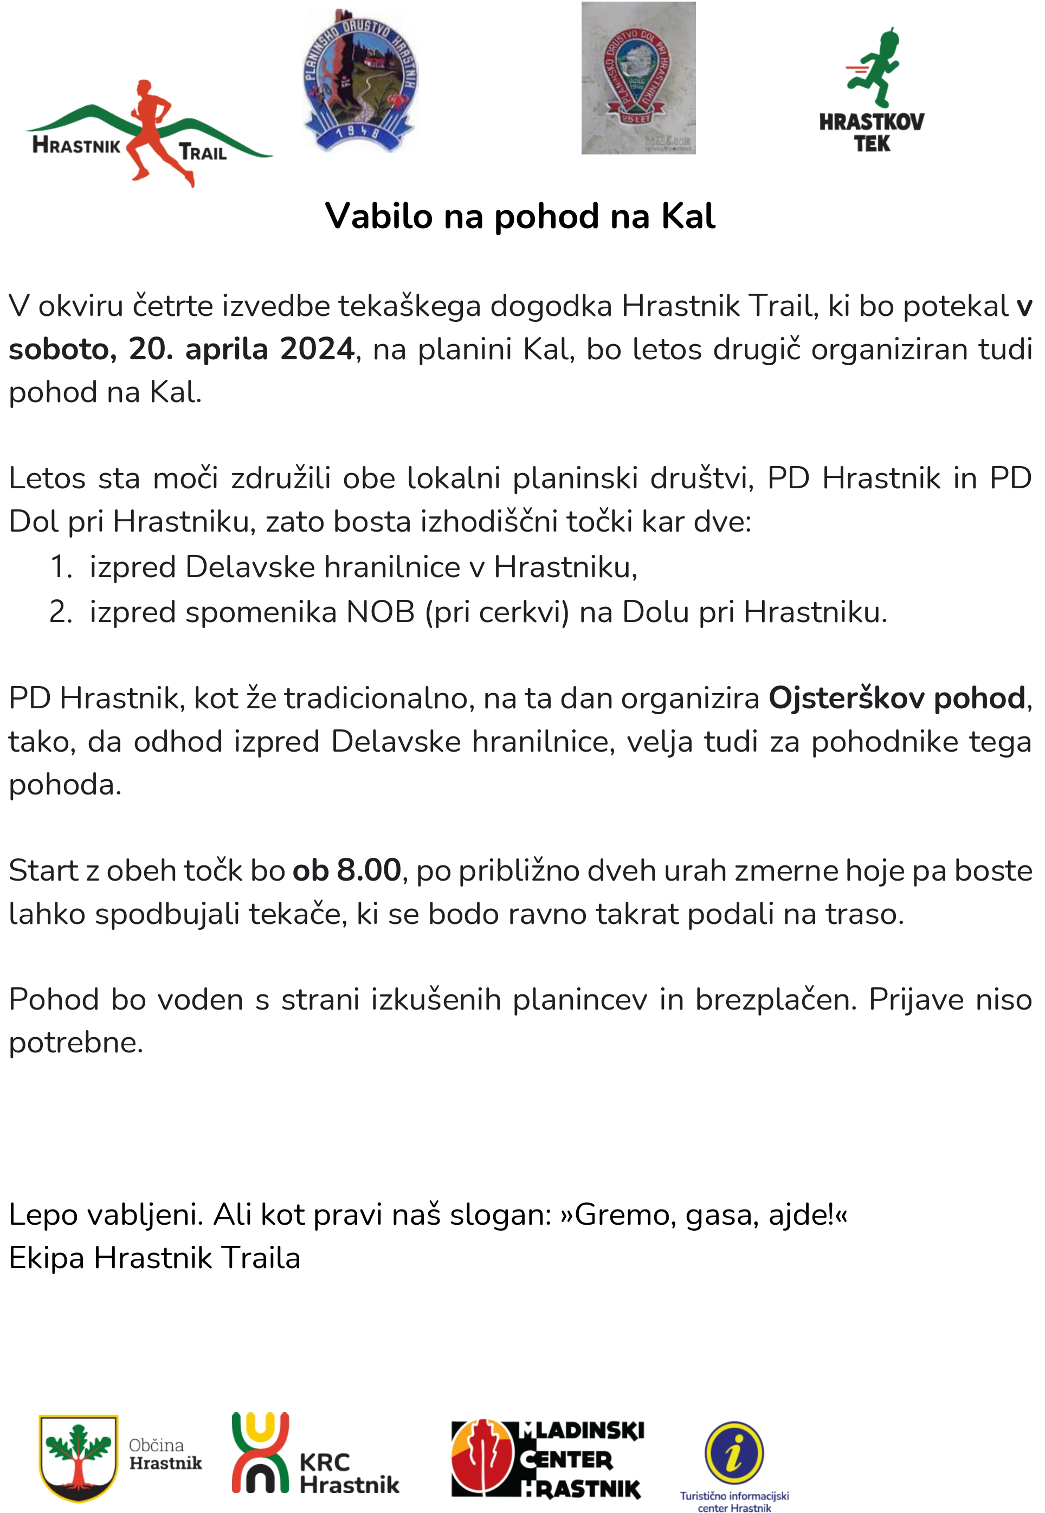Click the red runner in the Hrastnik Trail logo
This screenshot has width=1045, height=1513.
pos(152,131)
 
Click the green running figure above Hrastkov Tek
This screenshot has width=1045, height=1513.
pos(875,69)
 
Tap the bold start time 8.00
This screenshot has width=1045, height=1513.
pos(369,871)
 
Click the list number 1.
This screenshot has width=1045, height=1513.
pos(60,567)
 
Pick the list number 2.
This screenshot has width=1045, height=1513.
pos(60,612)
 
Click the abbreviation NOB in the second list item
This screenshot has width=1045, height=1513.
pos(380,612)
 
